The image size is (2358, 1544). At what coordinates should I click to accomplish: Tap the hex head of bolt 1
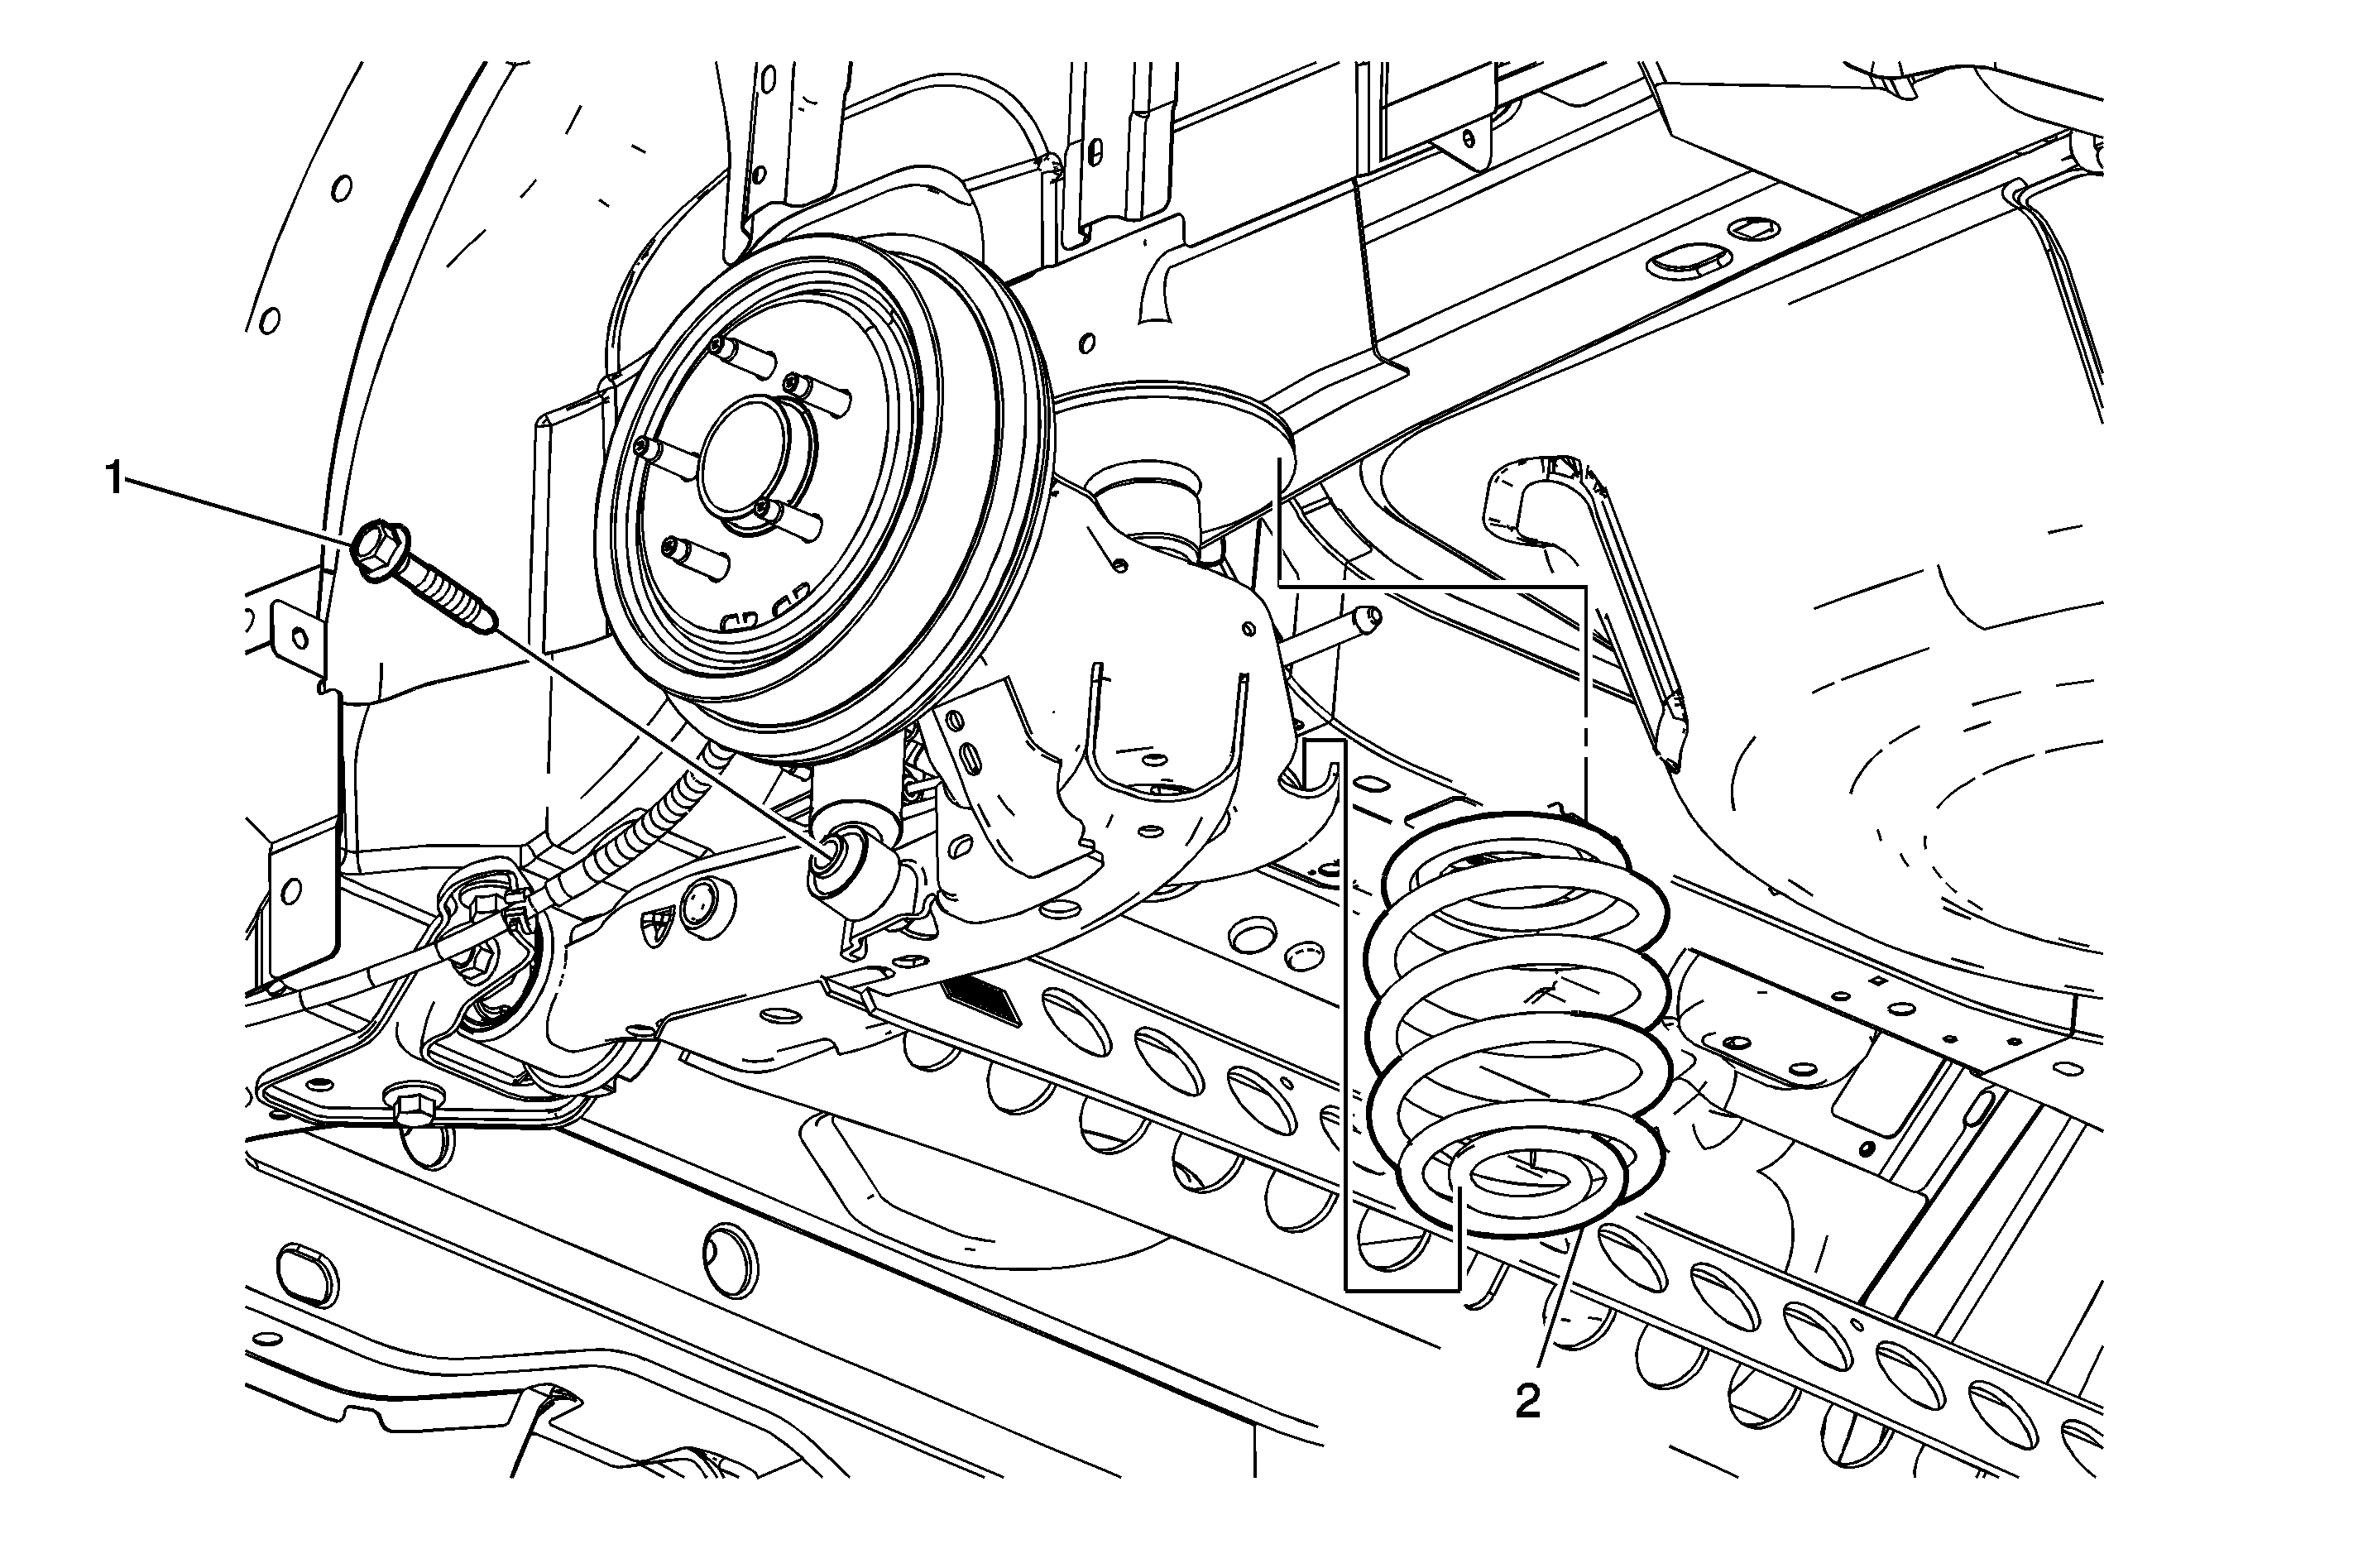pos(377,550)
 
